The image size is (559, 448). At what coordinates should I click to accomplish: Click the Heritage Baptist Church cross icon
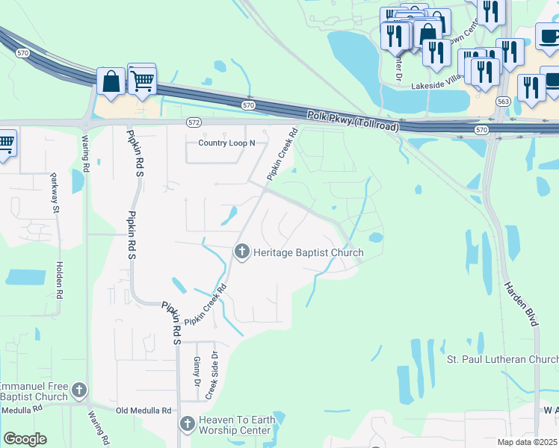click(241, 252)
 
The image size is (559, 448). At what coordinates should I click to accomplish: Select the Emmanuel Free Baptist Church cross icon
click(78, 390)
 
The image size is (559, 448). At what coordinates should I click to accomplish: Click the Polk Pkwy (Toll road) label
click(353, 122)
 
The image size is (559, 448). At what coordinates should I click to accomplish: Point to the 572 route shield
click(194, 122)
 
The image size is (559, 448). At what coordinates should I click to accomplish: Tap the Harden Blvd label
click(521, 303)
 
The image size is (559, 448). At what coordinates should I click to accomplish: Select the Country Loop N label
click(226, 143)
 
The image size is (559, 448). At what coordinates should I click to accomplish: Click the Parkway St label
click(55, 194)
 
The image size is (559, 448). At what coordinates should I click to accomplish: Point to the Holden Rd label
click(60, 280)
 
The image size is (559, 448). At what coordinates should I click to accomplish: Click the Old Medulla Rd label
click(144, 411)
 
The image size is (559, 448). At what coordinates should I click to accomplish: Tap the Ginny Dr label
click(197, 370)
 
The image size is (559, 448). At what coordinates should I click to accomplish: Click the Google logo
click(25, 439)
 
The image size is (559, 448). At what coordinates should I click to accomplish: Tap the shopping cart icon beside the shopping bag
click(142, 78)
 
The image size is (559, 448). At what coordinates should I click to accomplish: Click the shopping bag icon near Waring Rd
click(111, 82)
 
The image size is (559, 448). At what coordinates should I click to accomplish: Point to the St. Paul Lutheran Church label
click(502, 359)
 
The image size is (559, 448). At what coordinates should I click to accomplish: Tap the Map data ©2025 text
click(528, 442)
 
